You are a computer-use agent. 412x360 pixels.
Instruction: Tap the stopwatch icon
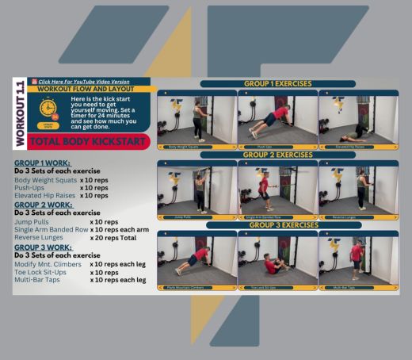(48, 108)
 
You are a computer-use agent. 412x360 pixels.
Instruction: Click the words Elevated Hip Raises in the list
(47, 195)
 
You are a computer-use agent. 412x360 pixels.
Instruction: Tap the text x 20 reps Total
(119, 236)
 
